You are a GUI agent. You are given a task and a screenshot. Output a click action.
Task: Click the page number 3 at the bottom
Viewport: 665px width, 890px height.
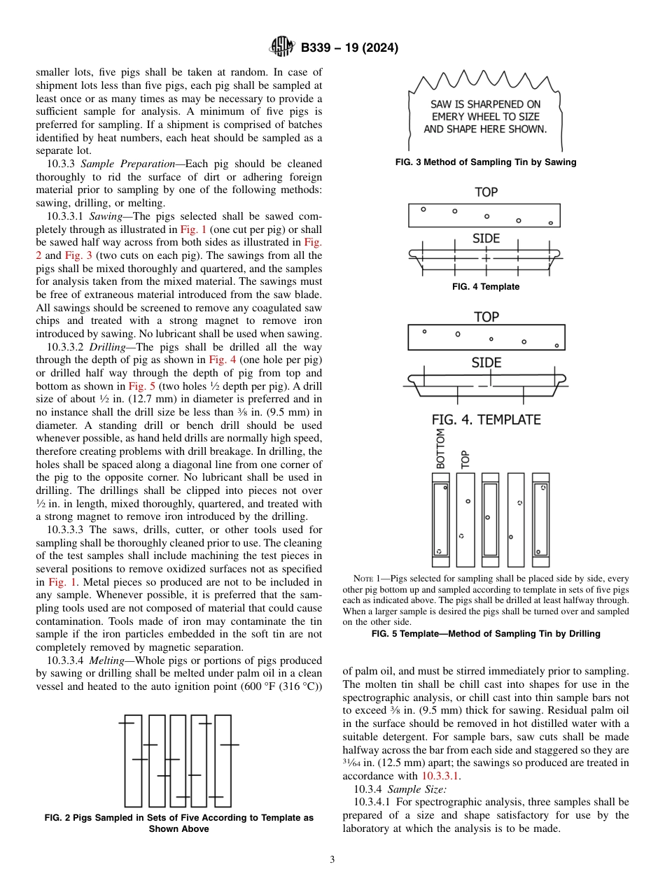click(332, 859)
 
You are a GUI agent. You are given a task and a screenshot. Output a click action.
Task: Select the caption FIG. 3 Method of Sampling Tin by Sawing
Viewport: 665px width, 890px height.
click(486, 162)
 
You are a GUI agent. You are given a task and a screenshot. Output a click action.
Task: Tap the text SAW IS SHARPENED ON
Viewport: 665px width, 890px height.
click(485, 104)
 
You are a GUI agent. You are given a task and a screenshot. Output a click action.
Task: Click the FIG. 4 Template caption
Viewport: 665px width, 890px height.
click(486, 287)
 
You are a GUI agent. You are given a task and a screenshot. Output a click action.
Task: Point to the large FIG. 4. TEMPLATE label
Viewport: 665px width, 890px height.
click(486, 420)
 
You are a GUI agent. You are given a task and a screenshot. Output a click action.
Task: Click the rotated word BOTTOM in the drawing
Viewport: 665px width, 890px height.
click(440, 449)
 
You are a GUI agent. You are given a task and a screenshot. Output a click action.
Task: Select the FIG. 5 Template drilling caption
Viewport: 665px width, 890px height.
click(486, 634)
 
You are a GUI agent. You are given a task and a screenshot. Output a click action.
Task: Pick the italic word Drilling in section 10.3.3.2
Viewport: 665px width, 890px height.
click(107, 347)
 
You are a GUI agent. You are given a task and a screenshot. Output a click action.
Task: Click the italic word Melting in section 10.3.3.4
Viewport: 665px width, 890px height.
click(107, 661)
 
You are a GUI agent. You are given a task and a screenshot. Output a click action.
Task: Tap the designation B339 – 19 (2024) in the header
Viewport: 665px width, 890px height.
click(349, 48)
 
